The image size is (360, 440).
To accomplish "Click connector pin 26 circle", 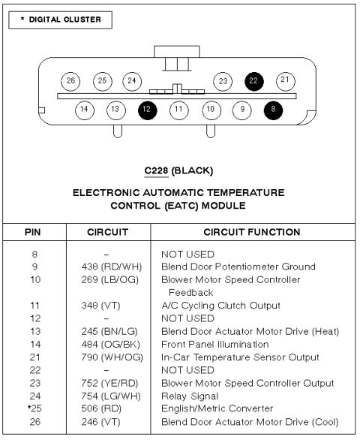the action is tap(70, 81).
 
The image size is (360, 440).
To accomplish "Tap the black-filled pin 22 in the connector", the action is tap(254, 81).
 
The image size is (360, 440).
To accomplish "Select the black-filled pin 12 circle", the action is tap(148, 110).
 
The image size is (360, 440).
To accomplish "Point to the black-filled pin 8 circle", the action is tap(273, 110).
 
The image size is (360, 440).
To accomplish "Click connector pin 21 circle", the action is tap(286, 81).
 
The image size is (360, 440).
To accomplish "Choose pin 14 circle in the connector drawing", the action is tap(85, 110).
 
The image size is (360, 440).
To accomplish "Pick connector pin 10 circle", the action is tap(211, 110).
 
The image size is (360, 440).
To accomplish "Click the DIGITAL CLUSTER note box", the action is tap(60, 20).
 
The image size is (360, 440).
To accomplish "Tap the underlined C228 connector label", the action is tap(156, 170).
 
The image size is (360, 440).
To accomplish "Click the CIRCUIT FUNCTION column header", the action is tap(252, 232).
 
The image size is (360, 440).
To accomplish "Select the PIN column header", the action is tap(33, 232).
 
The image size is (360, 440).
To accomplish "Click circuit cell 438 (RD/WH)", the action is tap(112, 267).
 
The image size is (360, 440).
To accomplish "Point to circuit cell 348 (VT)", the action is tap(100, 306).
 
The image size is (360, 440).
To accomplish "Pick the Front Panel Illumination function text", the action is tap(215, 345).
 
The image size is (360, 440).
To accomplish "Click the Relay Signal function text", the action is tap(190, 396).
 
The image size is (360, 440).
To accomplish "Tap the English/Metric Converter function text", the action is tap(217, 408).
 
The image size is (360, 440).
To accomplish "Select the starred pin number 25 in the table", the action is tap(34, 408).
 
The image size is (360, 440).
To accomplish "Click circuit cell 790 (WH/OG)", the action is tap(112, 357).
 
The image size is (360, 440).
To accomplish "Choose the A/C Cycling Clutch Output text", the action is tap(221, 306).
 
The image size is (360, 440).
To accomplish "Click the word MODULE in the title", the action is tap(223, 206).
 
